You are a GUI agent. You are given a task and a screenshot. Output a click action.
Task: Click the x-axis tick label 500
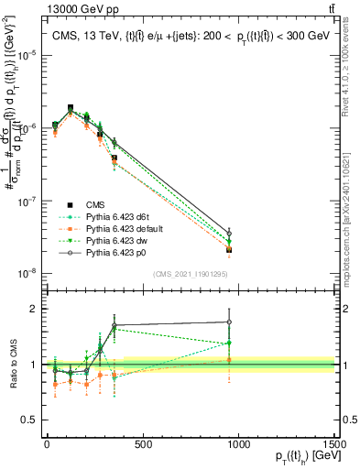click(143, 443)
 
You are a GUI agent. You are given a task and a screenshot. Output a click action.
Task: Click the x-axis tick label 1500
click(335, 443)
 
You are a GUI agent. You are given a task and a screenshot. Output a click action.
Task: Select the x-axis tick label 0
click(47, 443)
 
